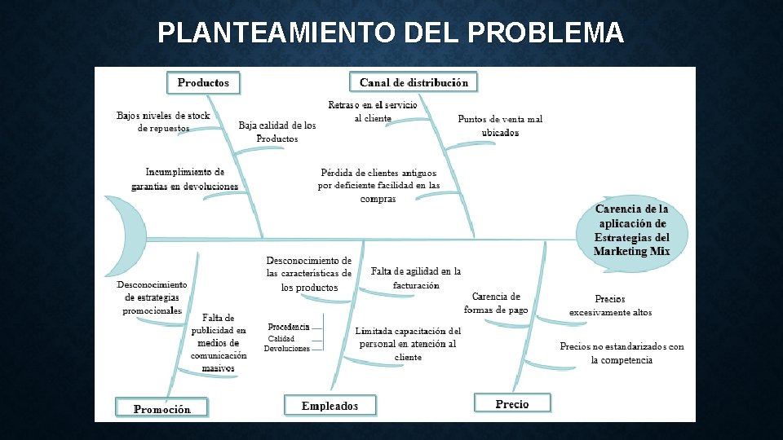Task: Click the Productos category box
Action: (203, 82)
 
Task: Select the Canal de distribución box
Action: (414, 82)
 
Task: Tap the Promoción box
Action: (161, 409)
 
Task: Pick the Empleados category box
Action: (330, 406)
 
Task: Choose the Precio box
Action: (512, 404)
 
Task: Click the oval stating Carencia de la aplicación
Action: (631, 230)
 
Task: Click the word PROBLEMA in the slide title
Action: (546, 33)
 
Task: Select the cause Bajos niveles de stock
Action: (163, 121)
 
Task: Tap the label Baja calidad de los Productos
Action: (277, 132)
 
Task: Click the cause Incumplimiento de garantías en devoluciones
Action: (185, 179)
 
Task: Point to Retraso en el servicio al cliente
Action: (373, 112)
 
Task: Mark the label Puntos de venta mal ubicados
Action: (500, 125)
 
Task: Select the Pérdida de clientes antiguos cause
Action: (378, 185)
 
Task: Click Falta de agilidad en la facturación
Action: (416, 278)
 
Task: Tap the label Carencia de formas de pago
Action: (496, 302)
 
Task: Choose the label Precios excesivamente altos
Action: (610, 306)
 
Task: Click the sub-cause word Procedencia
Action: (289, 327)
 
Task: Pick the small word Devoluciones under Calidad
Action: (287, 349)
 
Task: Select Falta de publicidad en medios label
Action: (219, 343)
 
